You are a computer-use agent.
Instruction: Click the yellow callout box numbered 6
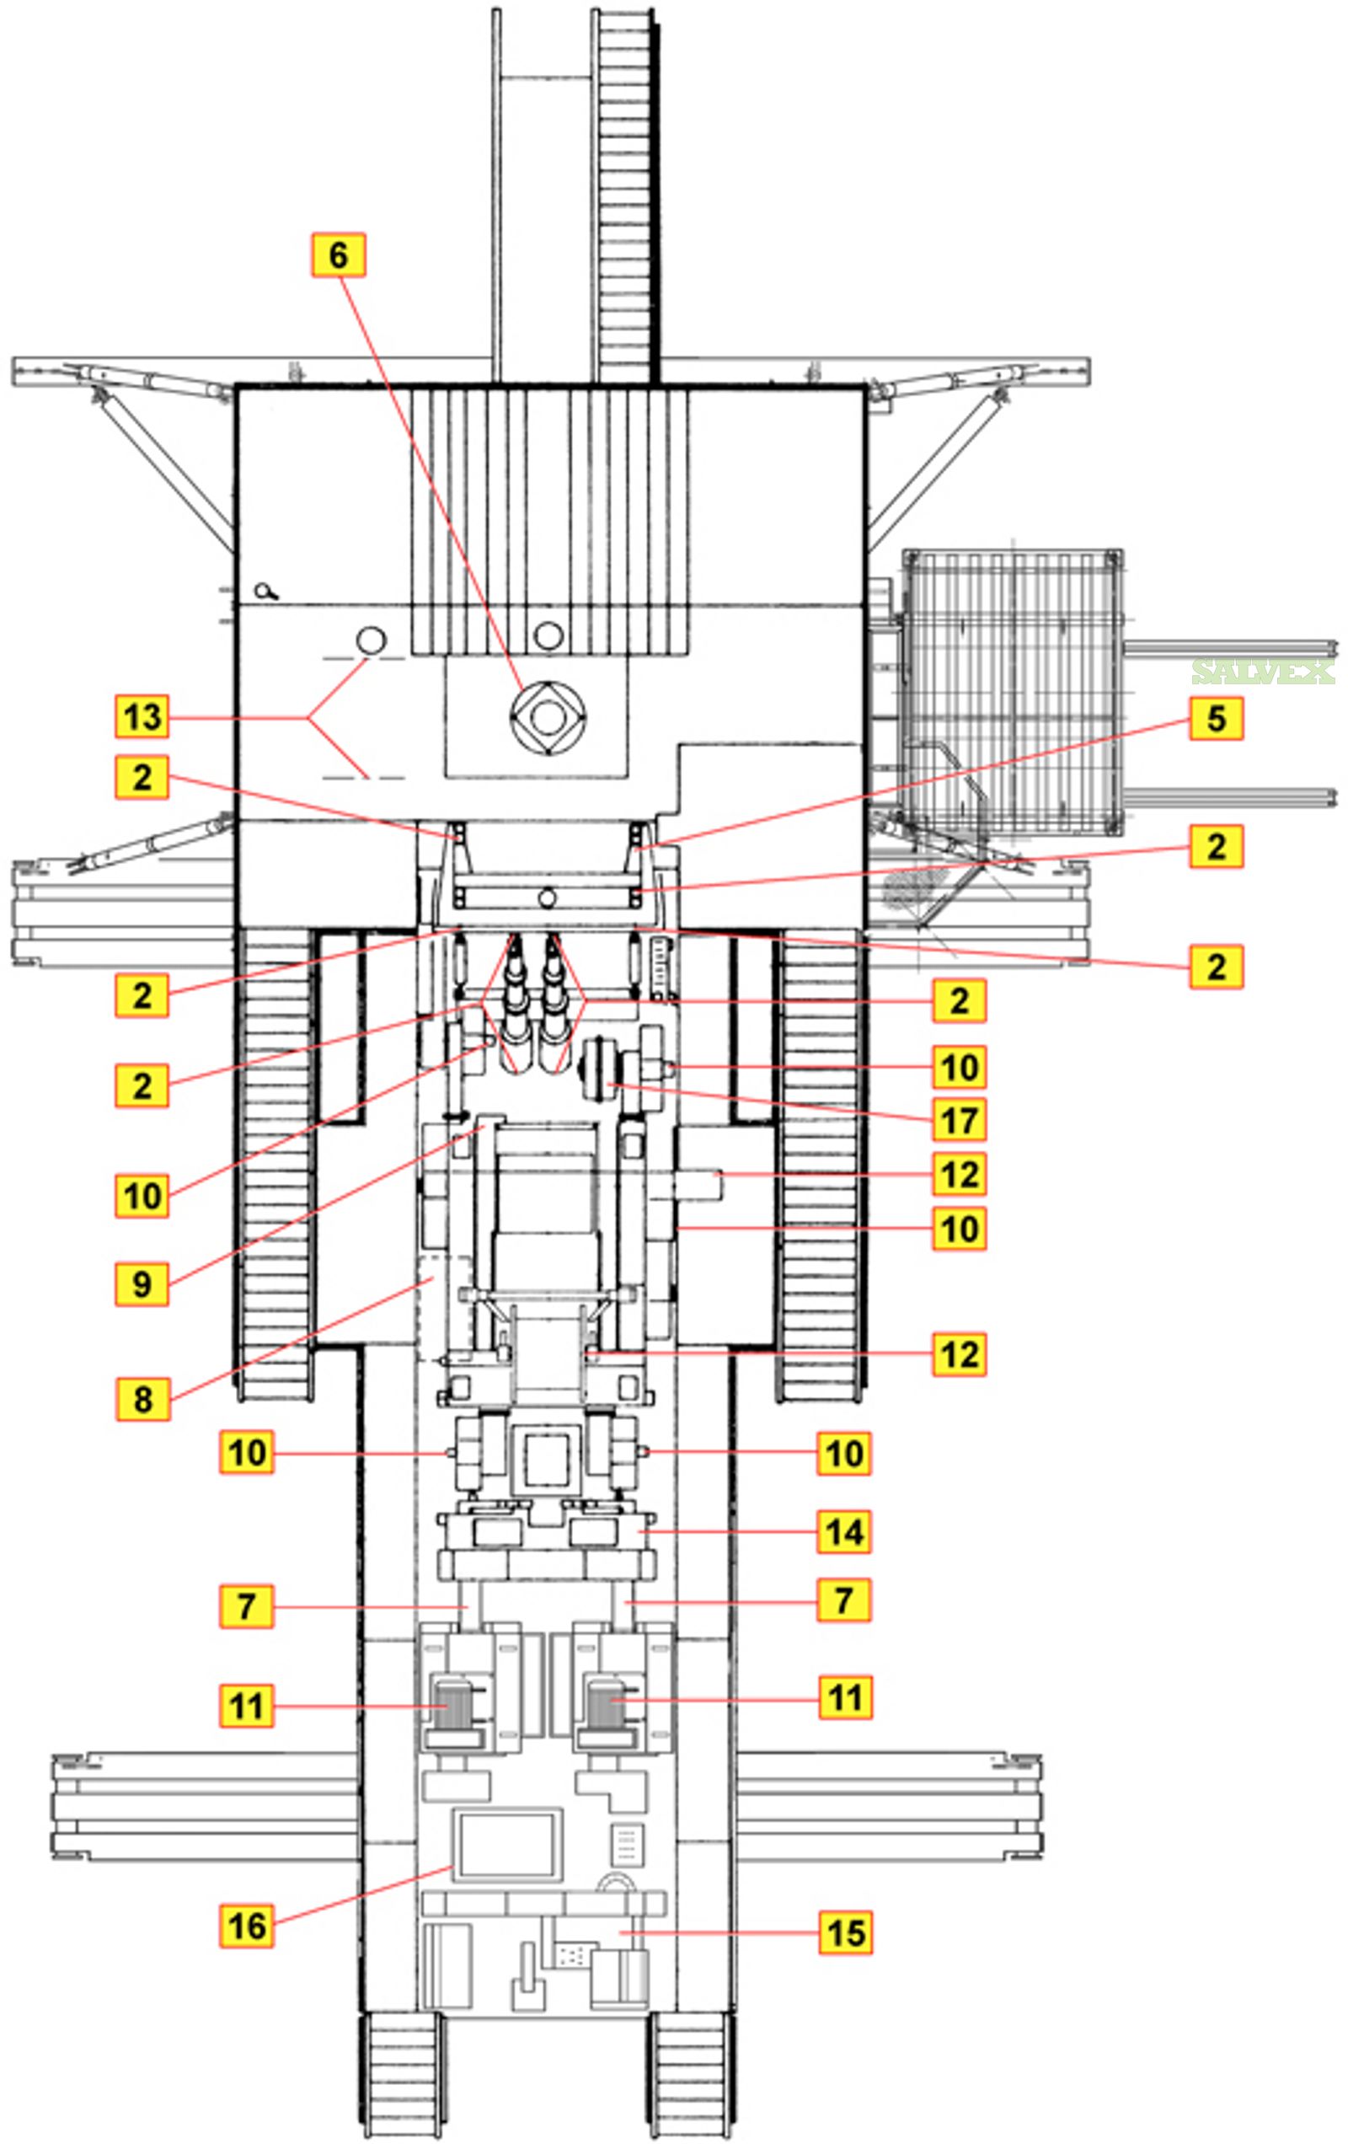(338, 255)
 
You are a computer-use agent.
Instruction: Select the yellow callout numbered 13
(142, 717)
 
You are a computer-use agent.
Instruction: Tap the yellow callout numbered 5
(1216, 718)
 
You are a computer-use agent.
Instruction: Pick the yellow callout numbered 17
(960, 1120)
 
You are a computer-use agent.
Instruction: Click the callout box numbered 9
(142, 1284)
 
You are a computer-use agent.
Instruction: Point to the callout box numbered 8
(142, 1399)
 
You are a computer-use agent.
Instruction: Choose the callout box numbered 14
(844, 1532)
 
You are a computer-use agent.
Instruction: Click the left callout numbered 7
(247, 1607)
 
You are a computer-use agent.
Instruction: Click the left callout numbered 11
(247, 1706)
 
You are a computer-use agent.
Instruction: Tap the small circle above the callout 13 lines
(371, 640)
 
